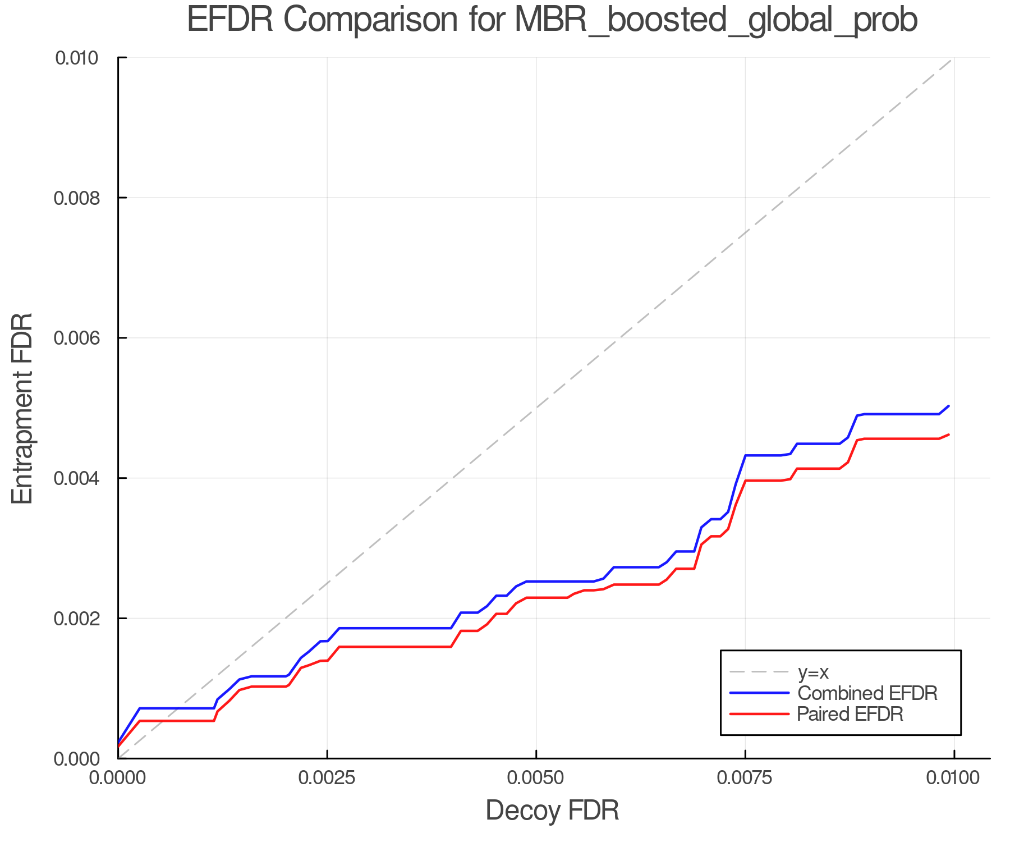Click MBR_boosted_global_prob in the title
[x=715, y=21]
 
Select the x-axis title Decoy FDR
[x=552, y=811]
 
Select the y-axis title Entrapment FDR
[x=23, y=408]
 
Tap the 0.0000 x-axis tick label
[x=118, y=778]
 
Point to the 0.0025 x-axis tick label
[x=327, y=778]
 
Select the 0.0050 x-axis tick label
[x=536, y=778]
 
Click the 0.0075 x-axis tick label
[x=745, y=778]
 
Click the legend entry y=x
[x=813, y=672]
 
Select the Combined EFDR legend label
[x=867, y=693]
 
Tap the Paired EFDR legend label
[x=850, y=714]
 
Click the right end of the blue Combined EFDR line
[x=948, y=406]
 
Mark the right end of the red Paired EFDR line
[x=948, y=434]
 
